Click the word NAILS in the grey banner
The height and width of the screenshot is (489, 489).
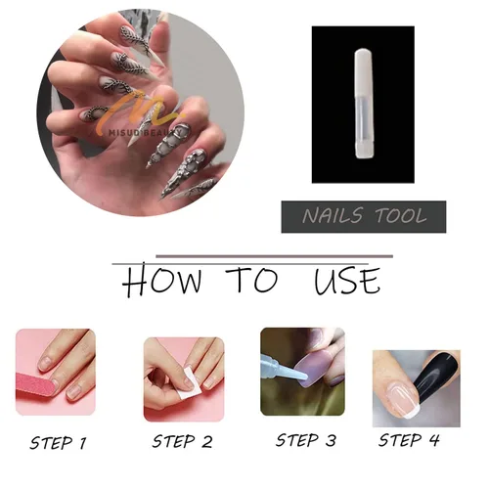coord(333,216)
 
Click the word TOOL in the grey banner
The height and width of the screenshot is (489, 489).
coord(401,216)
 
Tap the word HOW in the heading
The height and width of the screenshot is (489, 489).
coord(162,281)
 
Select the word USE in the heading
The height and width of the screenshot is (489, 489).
coord(347,281)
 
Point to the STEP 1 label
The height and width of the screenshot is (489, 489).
coord(58,443)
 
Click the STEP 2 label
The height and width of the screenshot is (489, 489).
coord(182,441)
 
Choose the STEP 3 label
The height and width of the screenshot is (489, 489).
coord(306,440)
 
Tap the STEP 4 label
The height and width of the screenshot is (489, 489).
coord(409,440)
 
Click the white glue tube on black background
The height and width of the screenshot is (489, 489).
coord(364,104)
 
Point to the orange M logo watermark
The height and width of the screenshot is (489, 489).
coord(144,110)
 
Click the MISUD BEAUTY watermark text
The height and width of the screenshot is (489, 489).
coord(146,133)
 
